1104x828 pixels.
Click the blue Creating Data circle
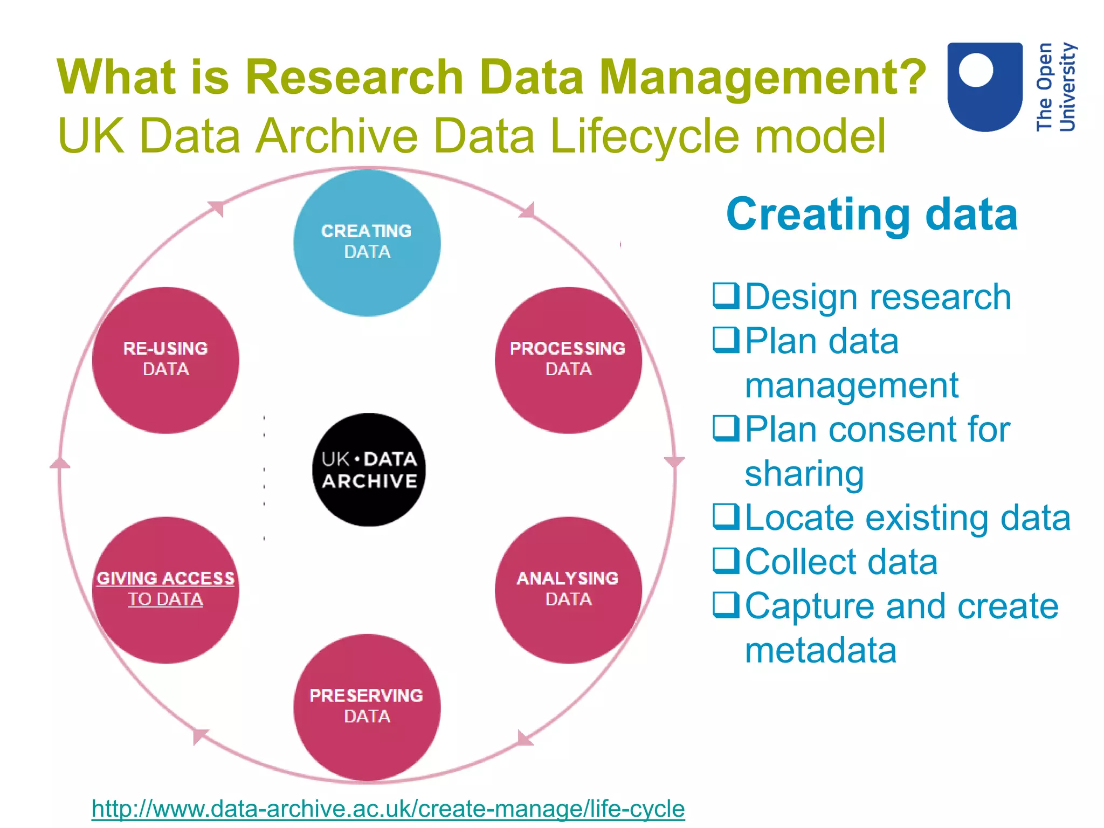(367, 243)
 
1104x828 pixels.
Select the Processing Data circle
(568, 360)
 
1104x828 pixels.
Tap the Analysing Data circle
(568, 590)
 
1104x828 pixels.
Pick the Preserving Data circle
(367, 707)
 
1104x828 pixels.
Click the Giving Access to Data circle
(165, 590)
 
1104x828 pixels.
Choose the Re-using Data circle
(165, 360)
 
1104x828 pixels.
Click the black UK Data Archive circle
(369, 470)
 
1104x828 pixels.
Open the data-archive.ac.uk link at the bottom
(388, 809)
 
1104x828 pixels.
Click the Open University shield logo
(985, 86)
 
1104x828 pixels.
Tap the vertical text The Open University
(1055, 86)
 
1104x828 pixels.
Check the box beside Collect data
(726, 561)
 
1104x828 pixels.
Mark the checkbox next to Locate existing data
(726, 516)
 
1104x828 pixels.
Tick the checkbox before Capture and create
(726, 605)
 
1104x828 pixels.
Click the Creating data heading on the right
(872, 214)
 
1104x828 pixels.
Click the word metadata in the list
(820, 650)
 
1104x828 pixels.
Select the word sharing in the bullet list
(804, 473)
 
